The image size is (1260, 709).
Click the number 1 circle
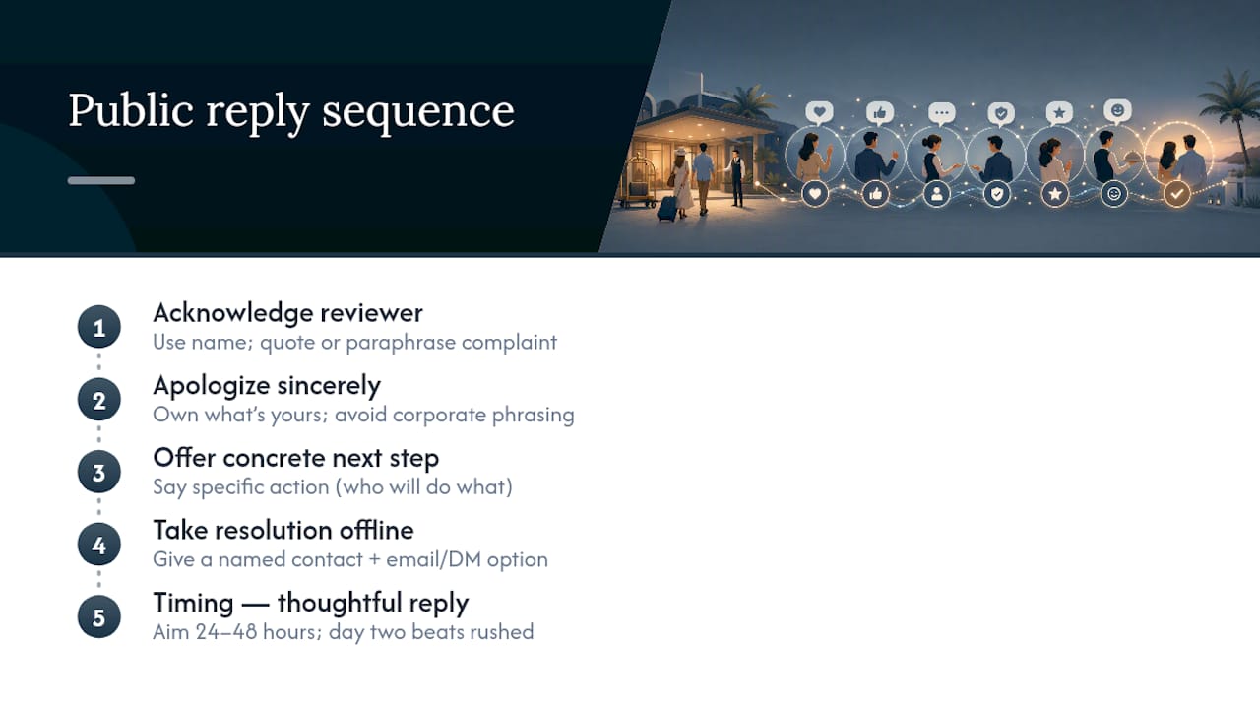click(99, 327)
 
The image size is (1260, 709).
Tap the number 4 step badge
click(99, 545)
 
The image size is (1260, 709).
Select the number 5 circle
click(99, 617)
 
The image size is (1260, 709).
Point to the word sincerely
click(329, 386)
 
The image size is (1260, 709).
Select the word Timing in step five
click(193, 604)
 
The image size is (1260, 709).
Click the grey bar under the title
click(101, 180)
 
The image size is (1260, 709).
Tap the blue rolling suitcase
click(667, 208)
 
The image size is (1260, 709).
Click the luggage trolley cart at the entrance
click(636, 181)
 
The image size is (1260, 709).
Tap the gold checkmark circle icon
click(1176, 194)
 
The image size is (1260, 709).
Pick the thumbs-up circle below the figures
click(875, 194)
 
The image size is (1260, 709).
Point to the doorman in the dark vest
click(735, 178)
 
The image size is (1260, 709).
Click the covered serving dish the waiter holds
click(1132, 157)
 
